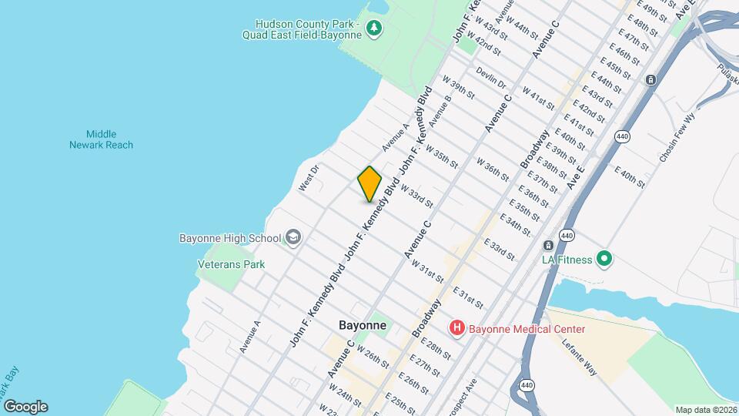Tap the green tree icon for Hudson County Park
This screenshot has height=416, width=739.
point(374,29)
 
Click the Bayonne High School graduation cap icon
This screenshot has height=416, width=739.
point(293,237)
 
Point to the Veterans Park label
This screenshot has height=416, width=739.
point(232,264)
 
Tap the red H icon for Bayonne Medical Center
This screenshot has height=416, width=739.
point(457,329)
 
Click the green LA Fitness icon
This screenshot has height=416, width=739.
point(604,260)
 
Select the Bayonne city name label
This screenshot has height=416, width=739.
point(362,325)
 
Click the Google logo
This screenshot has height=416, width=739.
point(25,407)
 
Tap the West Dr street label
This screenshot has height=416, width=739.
point(309,177)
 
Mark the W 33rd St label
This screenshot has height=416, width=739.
point(416,196)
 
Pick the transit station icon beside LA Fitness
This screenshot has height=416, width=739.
point(548,246)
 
